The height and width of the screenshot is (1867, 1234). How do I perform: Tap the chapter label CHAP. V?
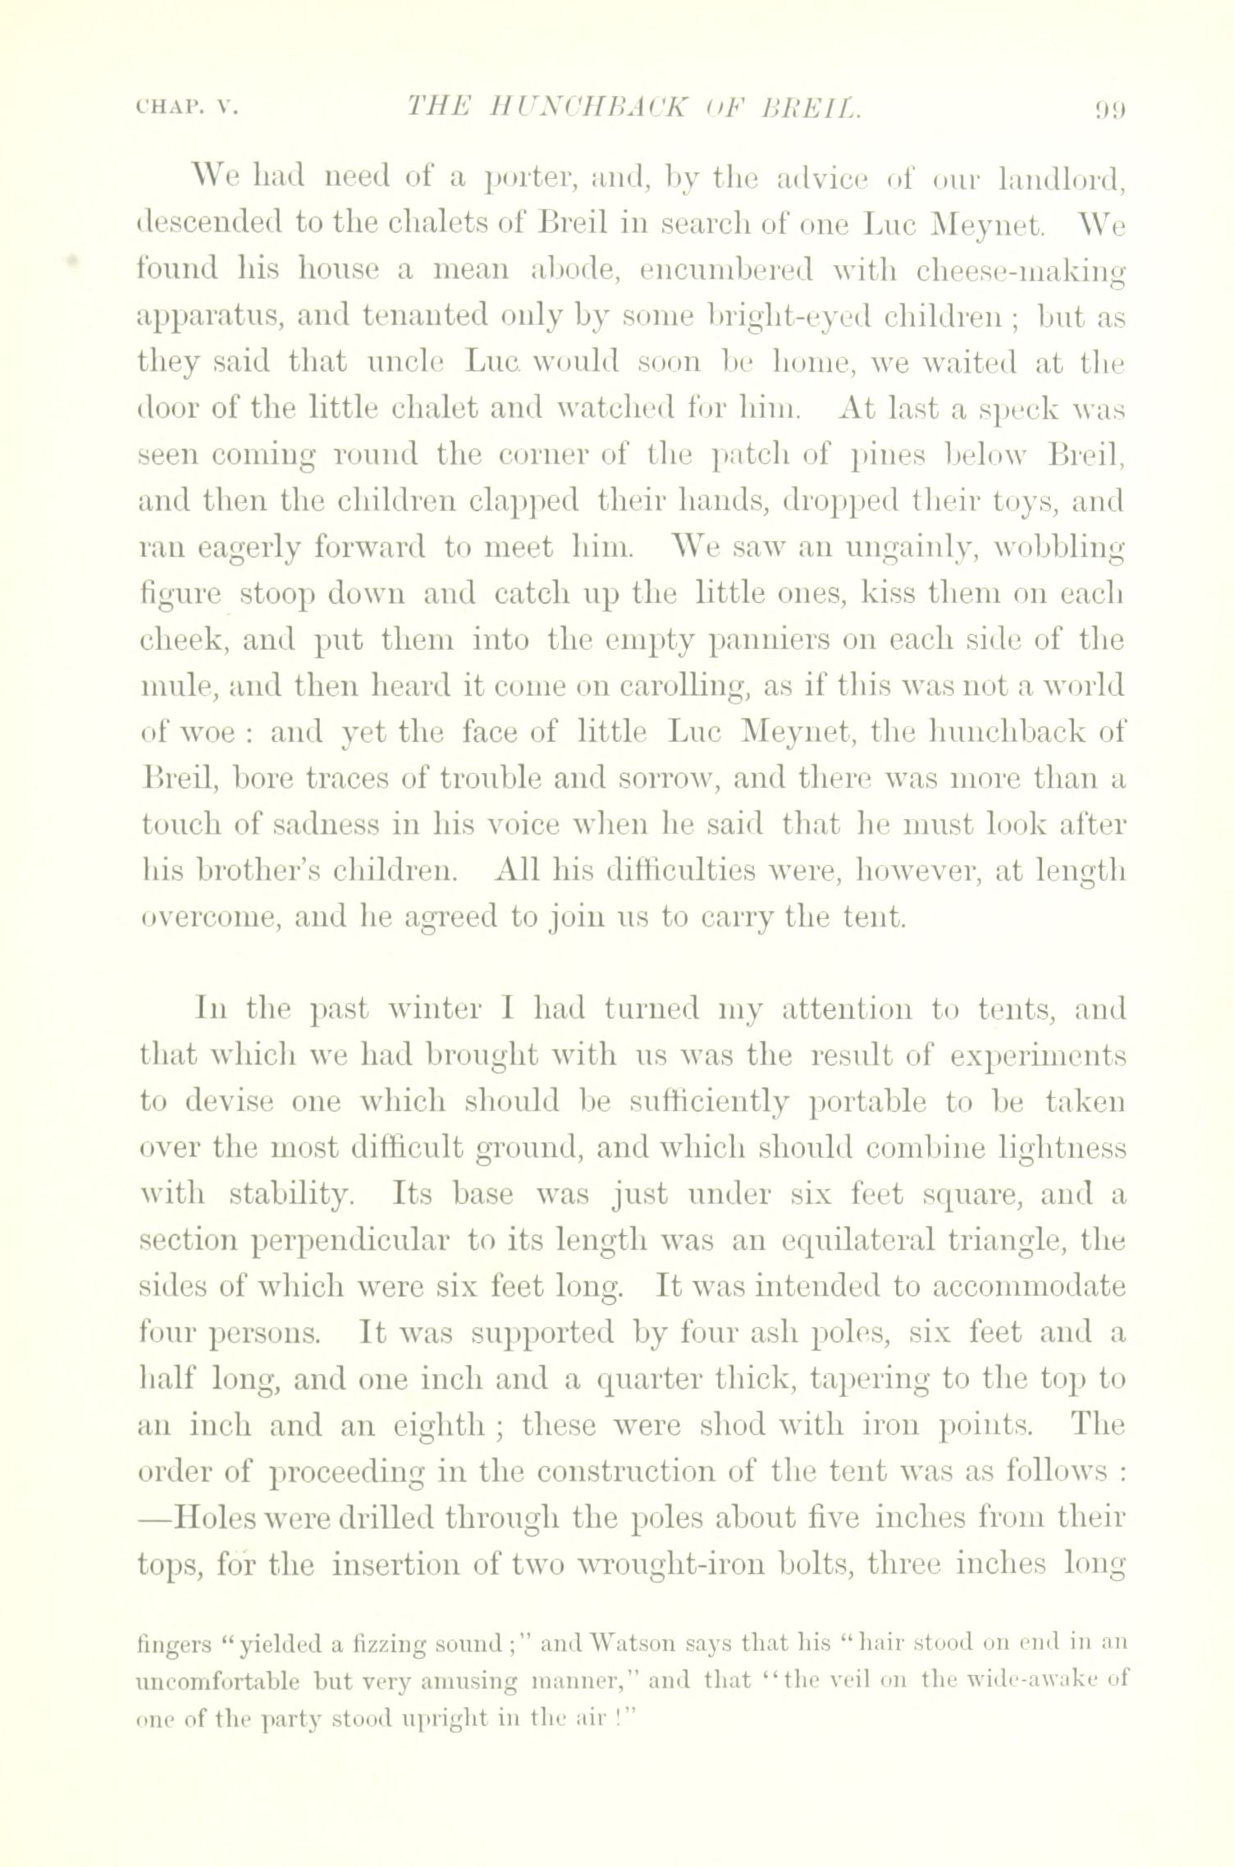(x=185, y=108)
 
